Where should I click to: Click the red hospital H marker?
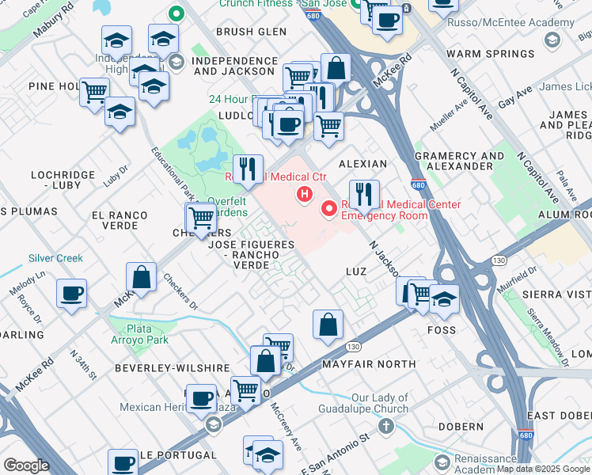(x=302, y=194)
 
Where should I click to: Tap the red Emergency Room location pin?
(x=328, y=209)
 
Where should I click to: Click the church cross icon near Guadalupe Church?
(x=386, y=427)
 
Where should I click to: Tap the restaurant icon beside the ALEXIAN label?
(x=363, y=194)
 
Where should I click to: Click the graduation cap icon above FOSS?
(x=445, y=299)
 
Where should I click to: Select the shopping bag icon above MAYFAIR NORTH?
(x=328, y=325)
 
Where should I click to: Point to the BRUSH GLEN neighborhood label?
(x=251, y=32)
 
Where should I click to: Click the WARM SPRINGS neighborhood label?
(x=491, y=54)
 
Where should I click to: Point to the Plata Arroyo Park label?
(x=140, y=334)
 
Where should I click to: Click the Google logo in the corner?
(x=26, y=465)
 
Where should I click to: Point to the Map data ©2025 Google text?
(x=543, y=469)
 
